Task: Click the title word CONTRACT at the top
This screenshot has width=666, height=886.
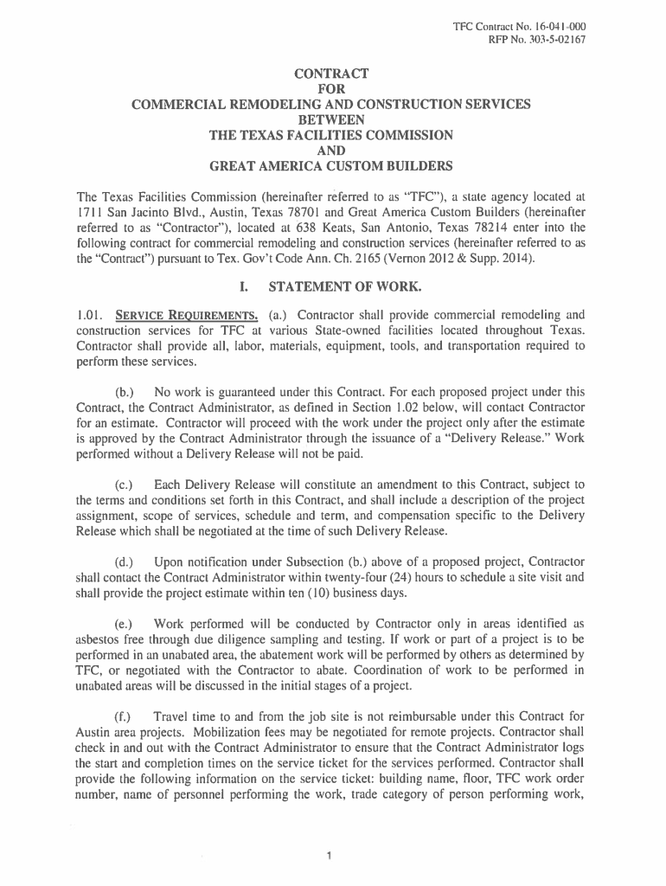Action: (332, 72)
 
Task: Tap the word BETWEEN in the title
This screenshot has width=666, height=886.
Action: (332, 119)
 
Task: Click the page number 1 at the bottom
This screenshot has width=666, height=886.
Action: (331, 857)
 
